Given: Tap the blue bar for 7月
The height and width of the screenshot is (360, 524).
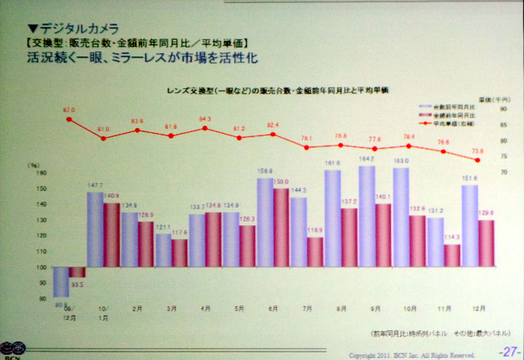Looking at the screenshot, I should point(299,232).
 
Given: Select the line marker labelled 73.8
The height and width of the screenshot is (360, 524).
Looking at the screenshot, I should point(479,160).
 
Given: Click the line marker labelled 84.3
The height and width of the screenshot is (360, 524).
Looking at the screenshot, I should point(205,128).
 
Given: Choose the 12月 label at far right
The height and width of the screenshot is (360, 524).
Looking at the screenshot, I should point(479,307).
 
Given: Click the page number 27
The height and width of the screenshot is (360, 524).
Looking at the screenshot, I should point(508,351).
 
